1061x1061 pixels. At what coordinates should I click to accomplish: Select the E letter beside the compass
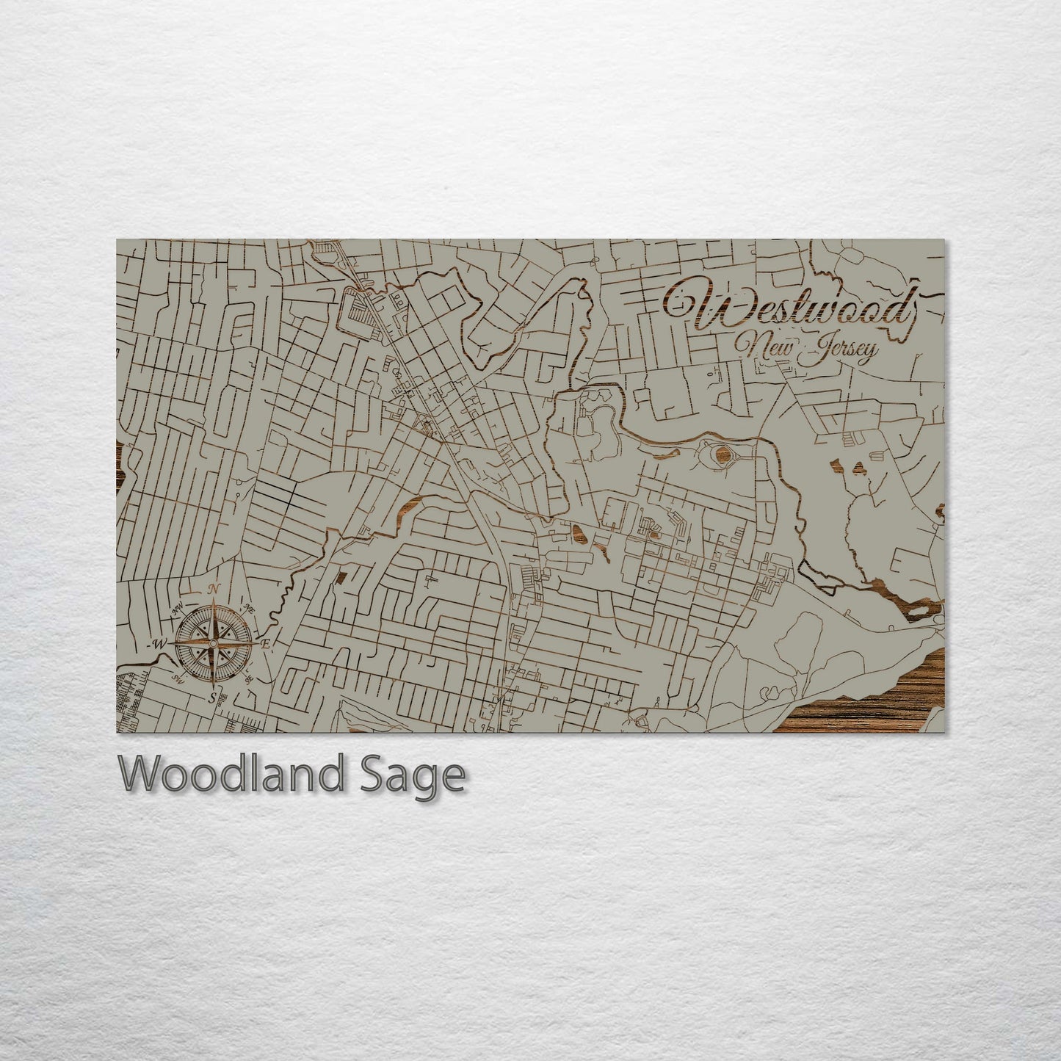(x=267, y=645)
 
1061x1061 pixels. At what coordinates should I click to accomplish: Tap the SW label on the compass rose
(x=176, y=678)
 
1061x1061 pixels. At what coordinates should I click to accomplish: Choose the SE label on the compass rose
(x=248, y=678)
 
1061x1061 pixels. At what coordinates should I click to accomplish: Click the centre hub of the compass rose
(x=213, y=643)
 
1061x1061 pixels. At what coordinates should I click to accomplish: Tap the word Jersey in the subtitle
(x=841, y=352)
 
